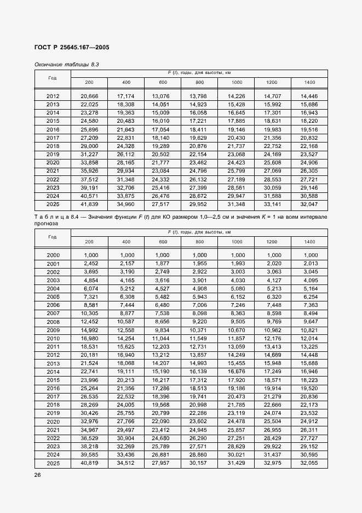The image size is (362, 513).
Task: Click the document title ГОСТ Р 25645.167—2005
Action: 72,47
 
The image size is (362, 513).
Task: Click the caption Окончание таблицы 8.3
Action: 66,64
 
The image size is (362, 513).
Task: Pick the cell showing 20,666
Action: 89,96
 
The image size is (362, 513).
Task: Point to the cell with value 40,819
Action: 89,463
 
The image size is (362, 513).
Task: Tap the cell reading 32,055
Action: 309,463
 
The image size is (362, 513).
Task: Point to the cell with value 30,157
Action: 199,463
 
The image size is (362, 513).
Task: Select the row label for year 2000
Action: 53,255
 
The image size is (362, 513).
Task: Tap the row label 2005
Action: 53,297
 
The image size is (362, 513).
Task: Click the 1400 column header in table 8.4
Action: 309,241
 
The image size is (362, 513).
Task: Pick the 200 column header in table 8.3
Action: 89,82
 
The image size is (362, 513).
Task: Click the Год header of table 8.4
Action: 53,237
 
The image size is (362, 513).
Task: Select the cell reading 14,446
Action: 309,96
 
